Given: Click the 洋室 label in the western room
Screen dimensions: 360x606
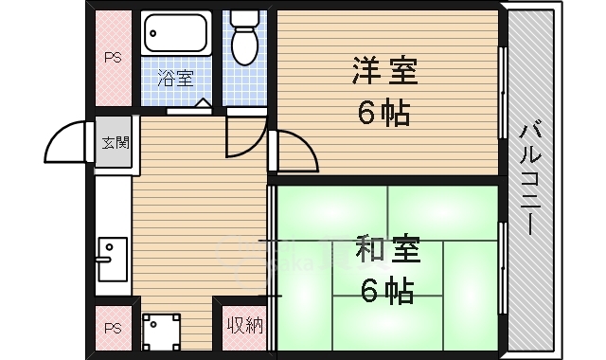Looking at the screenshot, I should [x=385, y=71].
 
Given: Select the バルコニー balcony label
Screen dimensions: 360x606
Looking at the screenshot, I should [x=530, y=180].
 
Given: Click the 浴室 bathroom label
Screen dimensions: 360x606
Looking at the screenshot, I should [x=175, y=79].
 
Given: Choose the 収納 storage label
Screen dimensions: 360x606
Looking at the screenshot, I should [x=242, y=327].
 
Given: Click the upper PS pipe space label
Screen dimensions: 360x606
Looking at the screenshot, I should [x=113, y=58].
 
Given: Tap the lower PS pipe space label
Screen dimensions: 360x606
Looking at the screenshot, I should [x=113, y=329].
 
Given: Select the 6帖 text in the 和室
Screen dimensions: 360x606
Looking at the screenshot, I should [x=386, y=292].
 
